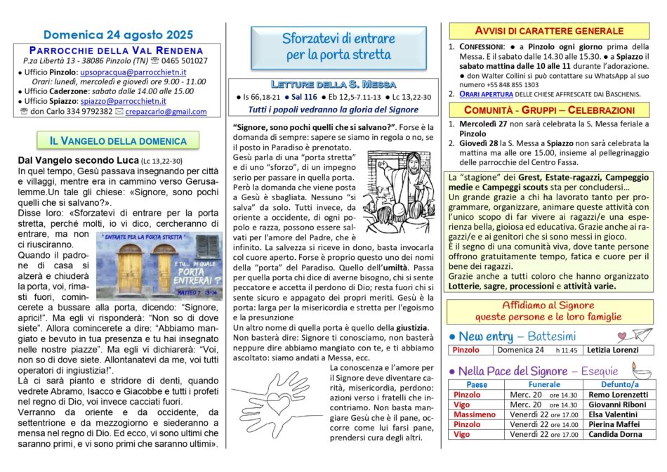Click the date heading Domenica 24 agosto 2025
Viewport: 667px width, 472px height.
[x=117, y=34]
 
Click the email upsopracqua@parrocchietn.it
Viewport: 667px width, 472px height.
[x=133, y=72]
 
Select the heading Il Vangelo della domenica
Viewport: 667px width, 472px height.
[x=118, y=141]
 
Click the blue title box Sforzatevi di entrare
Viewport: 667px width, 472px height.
[x=338, y=46]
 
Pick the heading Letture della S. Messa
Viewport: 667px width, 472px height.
[x=338, y=84]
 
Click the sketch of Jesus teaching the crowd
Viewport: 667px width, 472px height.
[x=397, y=192]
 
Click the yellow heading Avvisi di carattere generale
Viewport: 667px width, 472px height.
[x=550, y=31]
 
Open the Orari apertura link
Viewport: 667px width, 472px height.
[x=484, y=93]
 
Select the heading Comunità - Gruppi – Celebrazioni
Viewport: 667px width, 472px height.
[x=550, y=110]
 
